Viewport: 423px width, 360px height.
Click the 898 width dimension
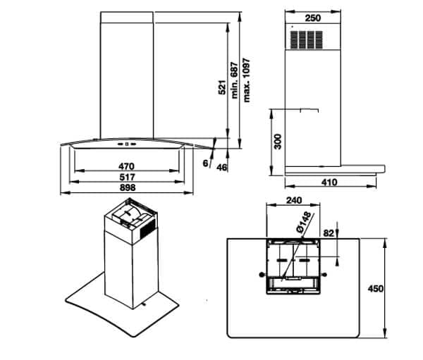coord(127,188)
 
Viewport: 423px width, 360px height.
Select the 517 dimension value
coord(127,177)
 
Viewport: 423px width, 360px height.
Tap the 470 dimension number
coord(127,166)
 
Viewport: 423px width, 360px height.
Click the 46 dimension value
coord(222,168)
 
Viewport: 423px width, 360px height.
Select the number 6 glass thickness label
coord(205,163)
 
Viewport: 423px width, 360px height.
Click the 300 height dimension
coord(278,141)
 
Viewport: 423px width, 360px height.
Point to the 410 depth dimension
coord(329,182)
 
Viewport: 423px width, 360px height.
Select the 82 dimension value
coord(329,232)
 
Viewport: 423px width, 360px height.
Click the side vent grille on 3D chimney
coord(147,229)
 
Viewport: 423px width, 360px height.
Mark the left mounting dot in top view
coord(263,273)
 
